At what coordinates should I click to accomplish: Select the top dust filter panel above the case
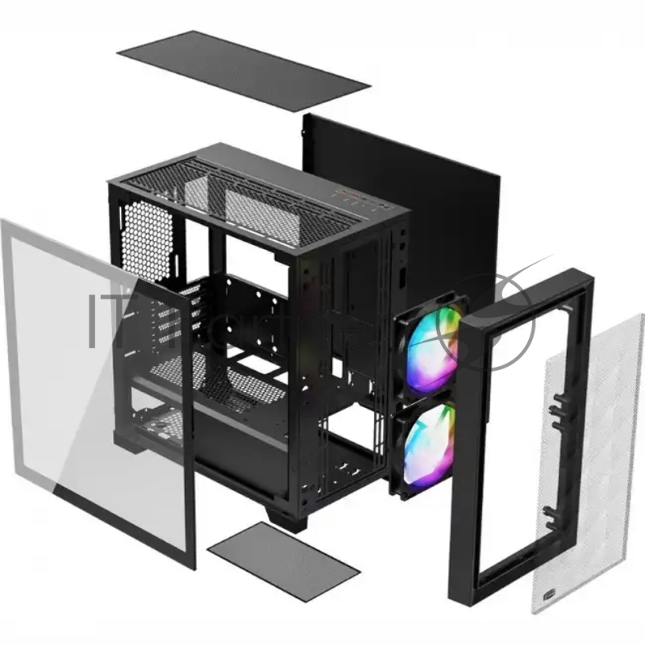[243, 71]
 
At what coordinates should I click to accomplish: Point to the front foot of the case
[285, 520]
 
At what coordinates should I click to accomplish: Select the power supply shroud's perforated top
[218, 383]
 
